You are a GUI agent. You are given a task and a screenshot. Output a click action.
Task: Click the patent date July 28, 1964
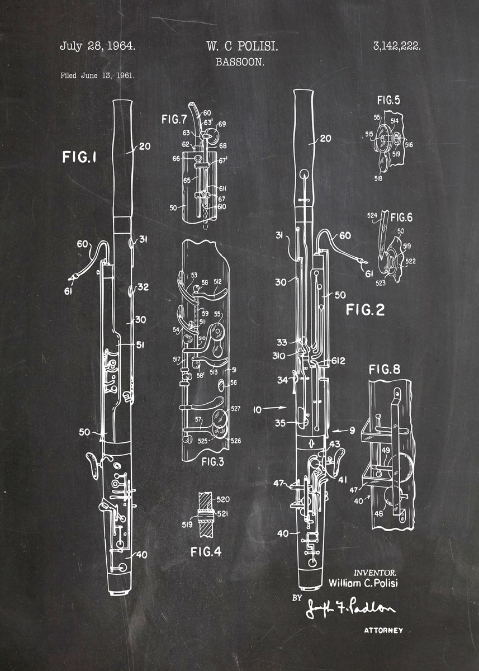97,46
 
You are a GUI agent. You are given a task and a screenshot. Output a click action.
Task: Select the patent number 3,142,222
396,47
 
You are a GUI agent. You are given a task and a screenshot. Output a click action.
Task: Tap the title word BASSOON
240,62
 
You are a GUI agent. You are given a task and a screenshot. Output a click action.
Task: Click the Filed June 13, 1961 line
97,75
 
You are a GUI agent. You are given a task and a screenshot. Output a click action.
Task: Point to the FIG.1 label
79,158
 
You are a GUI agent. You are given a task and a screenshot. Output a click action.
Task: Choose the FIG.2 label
365,310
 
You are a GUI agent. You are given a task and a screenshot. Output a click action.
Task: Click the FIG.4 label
206,552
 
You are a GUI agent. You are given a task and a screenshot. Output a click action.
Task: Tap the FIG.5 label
388,101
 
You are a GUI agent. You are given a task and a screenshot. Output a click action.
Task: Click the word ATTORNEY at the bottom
383,630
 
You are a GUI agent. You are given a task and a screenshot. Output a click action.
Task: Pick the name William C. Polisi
364,583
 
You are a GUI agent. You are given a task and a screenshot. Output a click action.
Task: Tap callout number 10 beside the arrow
257,409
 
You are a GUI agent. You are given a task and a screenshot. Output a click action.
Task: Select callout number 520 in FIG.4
222,499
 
